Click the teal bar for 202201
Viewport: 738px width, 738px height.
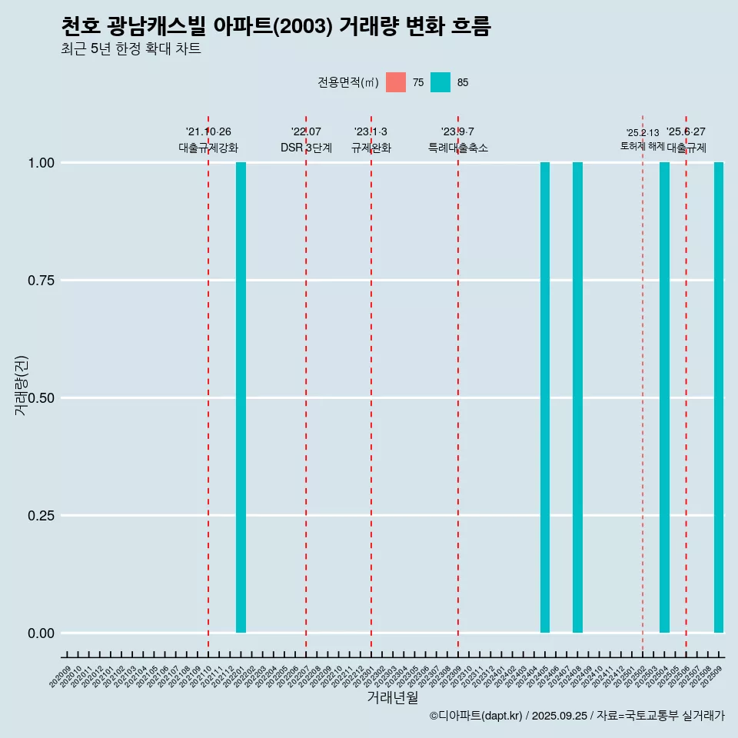coord(241,397)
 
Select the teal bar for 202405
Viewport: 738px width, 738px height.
coord(545,397)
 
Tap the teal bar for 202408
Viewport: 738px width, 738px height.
coord(577,397)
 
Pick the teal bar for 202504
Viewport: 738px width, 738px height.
coord(664,397)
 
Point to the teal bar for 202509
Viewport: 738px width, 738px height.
coord(719,397)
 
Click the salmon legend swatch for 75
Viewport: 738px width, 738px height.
coord(396,82)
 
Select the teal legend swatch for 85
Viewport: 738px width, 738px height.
coord(440,82)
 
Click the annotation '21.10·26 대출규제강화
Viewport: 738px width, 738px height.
coord(208,140)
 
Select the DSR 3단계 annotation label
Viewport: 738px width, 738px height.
coord(306,148)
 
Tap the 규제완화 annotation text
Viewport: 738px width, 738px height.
coord(371,148)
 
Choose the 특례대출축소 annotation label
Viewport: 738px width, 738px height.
coord(458,148)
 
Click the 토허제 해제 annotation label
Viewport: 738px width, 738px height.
coord(642,146)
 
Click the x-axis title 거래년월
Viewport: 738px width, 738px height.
coord(393,697)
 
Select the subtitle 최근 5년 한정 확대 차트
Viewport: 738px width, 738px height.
coord(131,49)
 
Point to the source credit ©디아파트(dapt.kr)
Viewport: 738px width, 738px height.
coord(477,716)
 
